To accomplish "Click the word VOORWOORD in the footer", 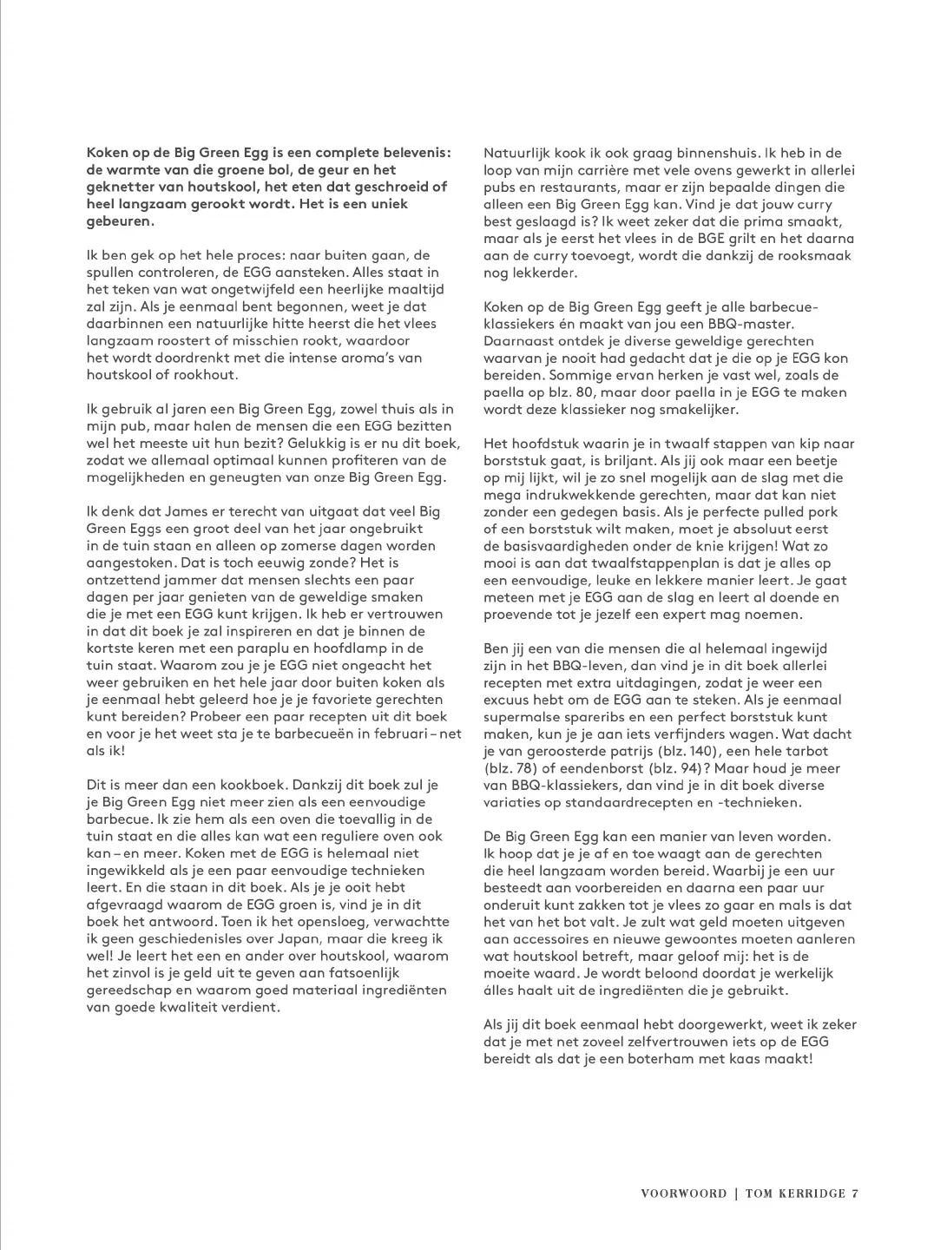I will click(x=683, y=1193).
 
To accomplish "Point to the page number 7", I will click(x=855, y=1193).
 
